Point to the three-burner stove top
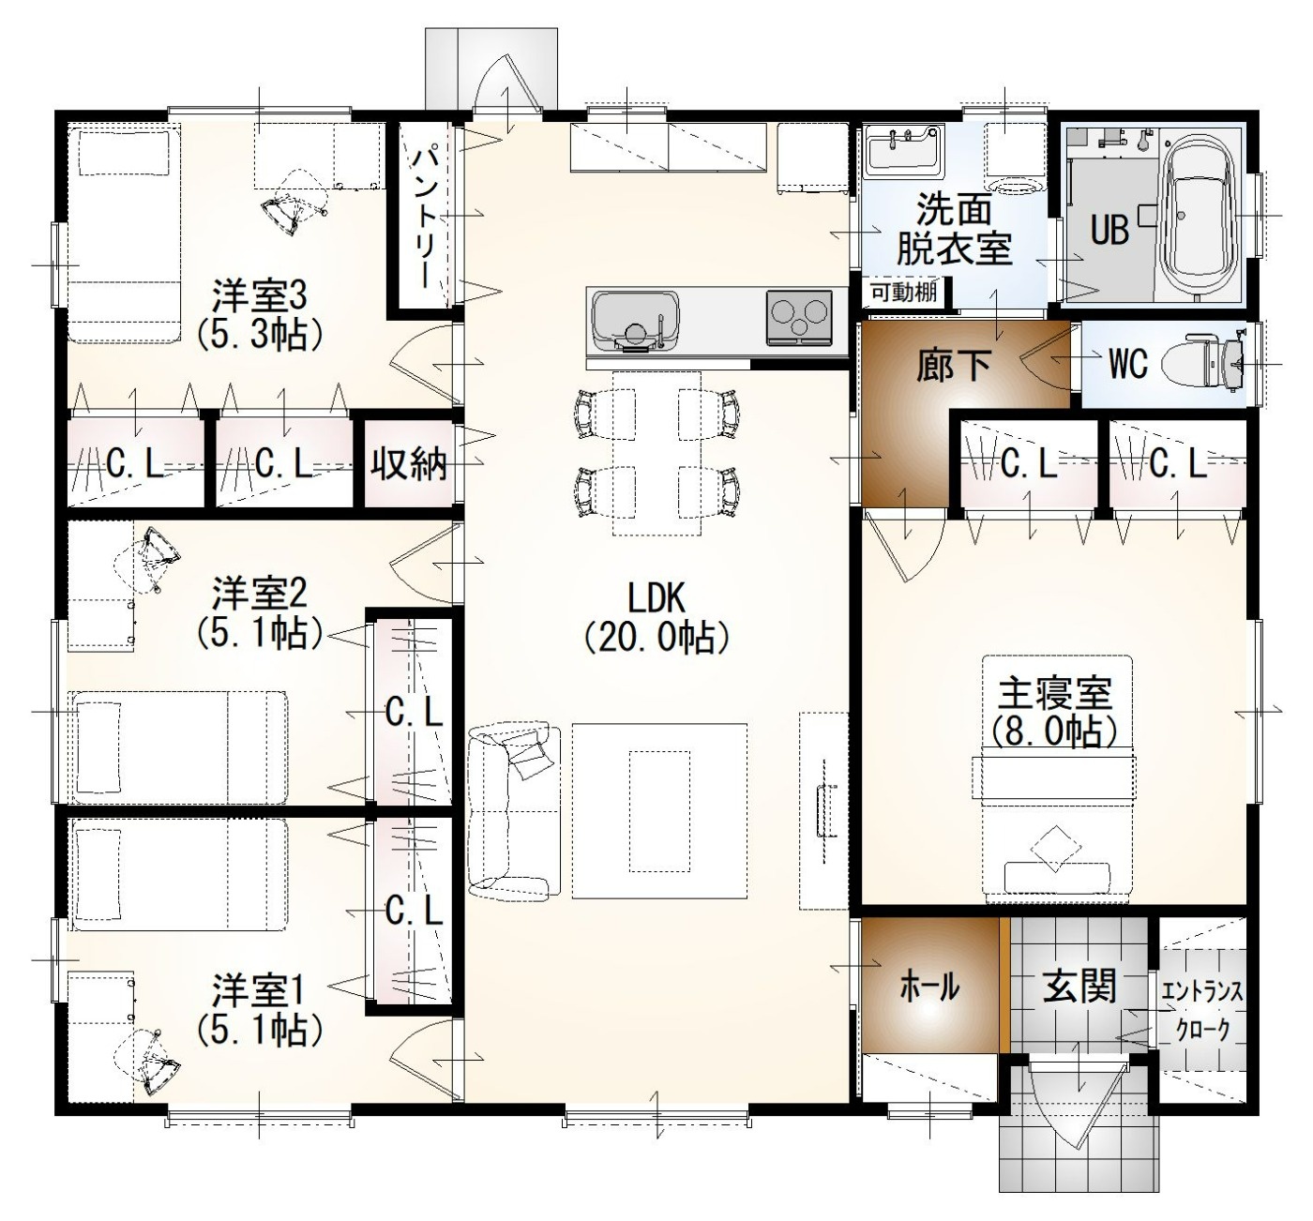799,318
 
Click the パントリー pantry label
424,216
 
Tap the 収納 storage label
409,464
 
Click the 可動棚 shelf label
903,293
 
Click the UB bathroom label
1110,231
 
